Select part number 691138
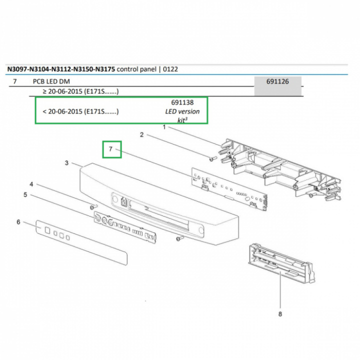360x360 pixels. (x=182, y=102)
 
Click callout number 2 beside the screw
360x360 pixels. (x=141, y=134)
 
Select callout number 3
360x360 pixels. (x=66, y=163)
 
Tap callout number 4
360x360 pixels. (x=31, y=184)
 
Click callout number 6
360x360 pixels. (x=18, y=221)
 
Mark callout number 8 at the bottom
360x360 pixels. (x=280, y=314)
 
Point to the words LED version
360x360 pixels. (x=182, y=111)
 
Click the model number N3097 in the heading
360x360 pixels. (x=18, y=69)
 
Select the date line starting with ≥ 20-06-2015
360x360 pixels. (x=80, y=91)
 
